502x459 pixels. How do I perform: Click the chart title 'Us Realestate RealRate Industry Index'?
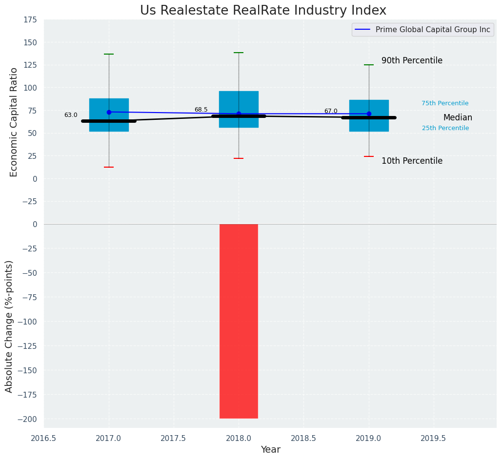[263, 10]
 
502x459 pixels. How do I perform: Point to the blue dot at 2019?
[369, 114]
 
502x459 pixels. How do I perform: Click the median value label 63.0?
[71, 115]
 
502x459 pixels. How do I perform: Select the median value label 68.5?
[201, 110]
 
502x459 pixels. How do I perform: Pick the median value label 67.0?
[331, 111]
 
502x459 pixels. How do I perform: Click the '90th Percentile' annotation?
[412, 61]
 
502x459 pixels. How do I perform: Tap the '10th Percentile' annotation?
[412, 161]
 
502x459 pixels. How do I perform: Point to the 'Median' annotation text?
[458, 117]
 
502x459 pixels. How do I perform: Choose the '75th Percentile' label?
[445, 103]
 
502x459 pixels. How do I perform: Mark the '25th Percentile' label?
[445, 128]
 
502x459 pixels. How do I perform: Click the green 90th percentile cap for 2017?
[109, 54]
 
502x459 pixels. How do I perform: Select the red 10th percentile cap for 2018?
[239, 158]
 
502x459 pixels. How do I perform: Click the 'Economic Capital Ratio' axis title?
[14, 122]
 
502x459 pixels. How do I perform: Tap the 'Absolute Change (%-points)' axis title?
[9, 326]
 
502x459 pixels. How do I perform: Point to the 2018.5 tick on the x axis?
[303, 438]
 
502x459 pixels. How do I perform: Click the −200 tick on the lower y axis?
[28, 419]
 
